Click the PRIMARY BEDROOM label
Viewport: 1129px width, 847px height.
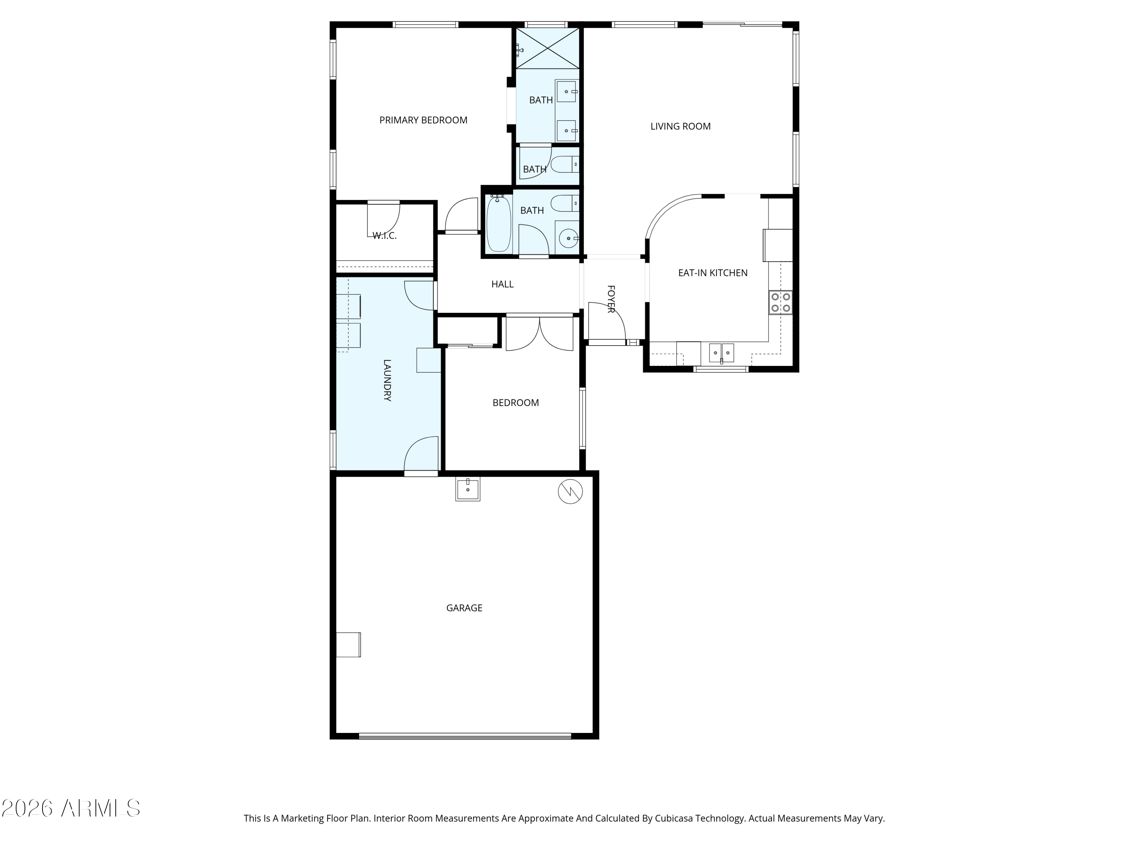[x=423, y=120]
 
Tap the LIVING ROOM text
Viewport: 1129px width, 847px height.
[x=680, y=126]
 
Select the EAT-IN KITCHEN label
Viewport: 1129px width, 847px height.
[x=712, y=273]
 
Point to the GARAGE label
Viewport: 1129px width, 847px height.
[x=464, y=608]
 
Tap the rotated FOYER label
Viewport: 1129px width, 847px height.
[x=610, y=299]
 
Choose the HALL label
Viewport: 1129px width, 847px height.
[x=502, y=284]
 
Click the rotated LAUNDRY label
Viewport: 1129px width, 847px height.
[x=387, y=380]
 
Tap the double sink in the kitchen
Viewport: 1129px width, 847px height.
[x=721, y=353]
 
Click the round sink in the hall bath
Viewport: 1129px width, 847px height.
[x=568, y=238]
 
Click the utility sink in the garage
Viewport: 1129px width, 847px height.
[x=467, y=489]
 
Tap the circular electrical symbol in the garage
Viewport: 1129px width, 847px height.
[x=570, y=492]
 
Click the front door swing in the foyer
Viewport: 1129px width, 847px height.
[x=606, y=321]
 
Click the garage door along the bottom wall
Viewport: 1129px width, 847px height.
[x=465, y=736]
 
